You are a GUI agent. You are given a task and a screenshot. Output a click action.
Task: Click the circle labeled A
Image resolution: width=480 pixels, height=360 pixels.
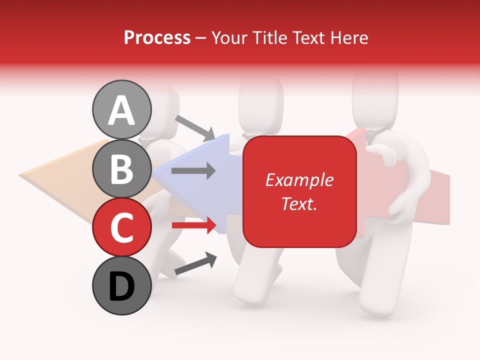pos(121,109)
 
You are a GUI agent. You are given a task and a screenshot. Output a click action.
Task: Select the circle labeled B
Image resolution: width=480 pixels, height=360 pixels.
pos(121,168)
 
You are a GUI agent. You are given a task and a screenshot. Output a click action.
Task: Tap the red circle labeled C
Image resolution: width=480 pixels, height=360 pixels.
pos(121,227)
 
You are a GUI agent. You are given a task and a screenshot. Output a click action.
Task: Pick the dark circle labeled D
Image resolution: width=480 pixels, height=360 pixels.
pos(121,286)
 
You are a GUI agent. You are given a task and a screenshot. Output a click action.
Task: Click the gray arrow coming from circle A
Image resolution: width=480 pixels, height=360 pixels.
pos(195,128)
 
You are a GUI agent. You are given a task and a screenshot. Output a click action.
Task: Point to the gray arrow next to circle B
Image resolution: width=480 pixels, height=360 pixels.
pos(193,171)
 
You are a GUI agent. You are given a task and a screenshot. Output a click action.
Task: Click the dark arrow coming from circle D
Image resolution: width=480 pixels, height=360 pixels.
pos(195,264)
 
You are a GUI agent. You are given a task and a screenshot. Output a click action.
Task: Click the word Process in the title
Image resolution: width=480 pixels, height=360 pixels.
pos(157,37)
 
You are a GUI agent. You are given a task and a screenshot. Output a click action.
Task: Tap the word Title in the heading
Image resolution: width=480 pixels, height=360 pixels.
pos(270,37)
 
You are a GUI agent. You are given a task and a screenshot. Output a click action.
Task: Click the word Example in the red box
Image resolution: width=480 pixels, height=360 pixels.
pos(299,180)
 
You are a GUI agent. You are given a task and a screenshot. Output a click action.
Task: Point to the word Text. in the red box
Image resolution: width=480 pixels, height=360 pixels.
pos(299,203)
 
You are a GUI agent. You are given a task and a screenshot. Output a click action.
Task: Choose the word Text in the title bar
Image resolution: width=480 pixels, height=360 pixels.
pos(308,37)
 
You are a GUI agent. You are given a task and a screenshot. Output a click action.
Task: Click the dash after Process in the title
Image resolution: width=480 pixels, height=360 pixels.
pos(200,38)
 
